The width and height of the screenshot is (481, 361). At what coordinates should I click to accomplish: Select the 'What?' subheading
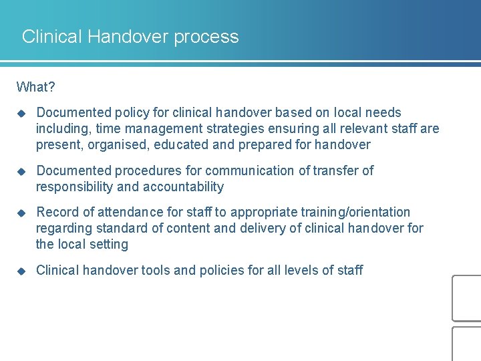(x=37, y=87)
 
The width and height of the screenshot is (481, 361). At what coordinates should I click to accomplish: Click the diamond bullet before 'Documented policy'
(x=21, y=113)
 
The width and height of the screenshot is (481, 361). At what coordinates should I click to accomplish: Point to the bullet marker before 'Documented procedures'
(x=21, y=171)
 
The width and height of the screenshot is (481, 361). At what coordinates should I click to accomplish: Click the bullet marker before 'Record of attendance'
(x=21, y=213)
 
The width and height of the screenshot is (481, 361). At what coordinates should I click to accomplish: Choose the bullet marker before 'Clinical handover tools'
(x=21, y=271)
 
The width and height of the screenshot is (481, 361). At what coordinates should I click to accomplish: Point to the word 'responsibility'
(x=73, y=187)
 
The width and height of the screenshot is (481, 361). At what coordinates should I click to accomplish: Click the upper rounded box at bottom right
(x=467, y=298)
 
